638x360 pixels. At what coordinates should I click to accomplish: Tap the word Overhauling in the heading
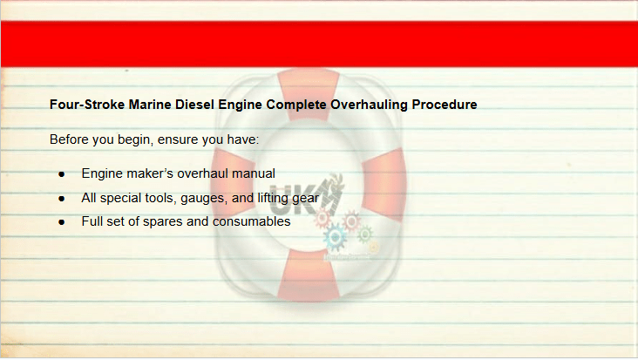click(x=369, y=105)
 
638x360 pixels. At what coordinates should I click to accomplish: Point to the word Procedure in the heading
click(x=445, y=105)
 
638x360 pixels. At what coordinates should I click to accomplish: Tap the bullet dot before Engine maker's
click(x=61, y=174)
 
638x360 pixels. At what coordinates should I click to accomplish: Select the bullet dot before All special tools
click(x=61, y=199)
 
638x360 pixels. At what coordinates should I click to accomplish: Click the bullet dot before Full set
click(x=61, y=222)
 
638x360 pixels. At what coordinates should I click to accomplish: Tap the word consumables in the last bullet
click(x=252, y=221)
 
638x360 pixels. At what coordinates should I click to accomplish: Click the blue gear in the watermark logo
click(x=335, y=237)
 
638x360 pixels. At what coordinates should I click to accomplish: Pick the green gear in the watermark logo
click(x=364, y=234)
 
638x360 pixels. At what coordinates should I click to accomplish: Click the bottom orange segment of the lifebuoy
click(x=309, y=275)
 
